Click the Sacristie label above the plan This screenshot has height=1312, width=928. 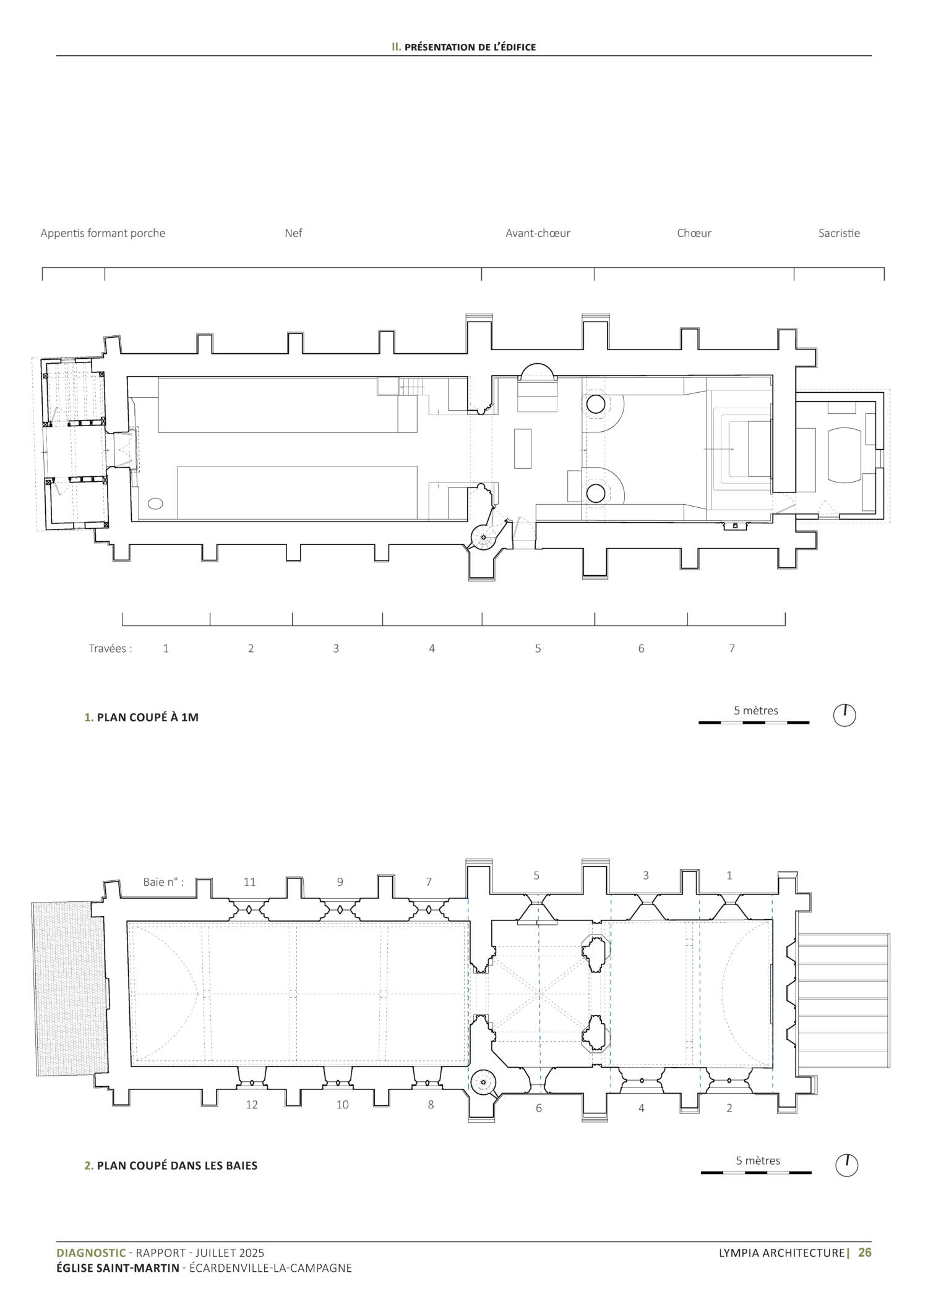click(839, 233)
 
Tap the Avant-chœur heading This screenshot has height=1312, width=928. click(538, 233)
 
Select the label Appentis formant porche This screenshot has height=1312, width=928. click(103, 233)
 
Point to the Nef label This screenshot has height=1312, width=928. click(293, 233)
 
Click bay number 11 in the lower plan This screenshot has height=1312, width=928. click(249, 882)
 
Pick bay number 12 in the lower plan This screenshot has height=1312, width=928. click(252, 1105)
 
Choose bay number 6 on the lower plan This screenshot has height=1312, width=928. click(539, 1108)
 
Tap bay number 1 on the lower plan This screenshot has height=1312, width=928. click(729, 875)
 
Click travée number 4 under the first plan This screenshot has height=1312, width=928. click(432, 648)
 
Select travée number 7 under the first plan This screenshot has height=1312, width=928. click(732, 648)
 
